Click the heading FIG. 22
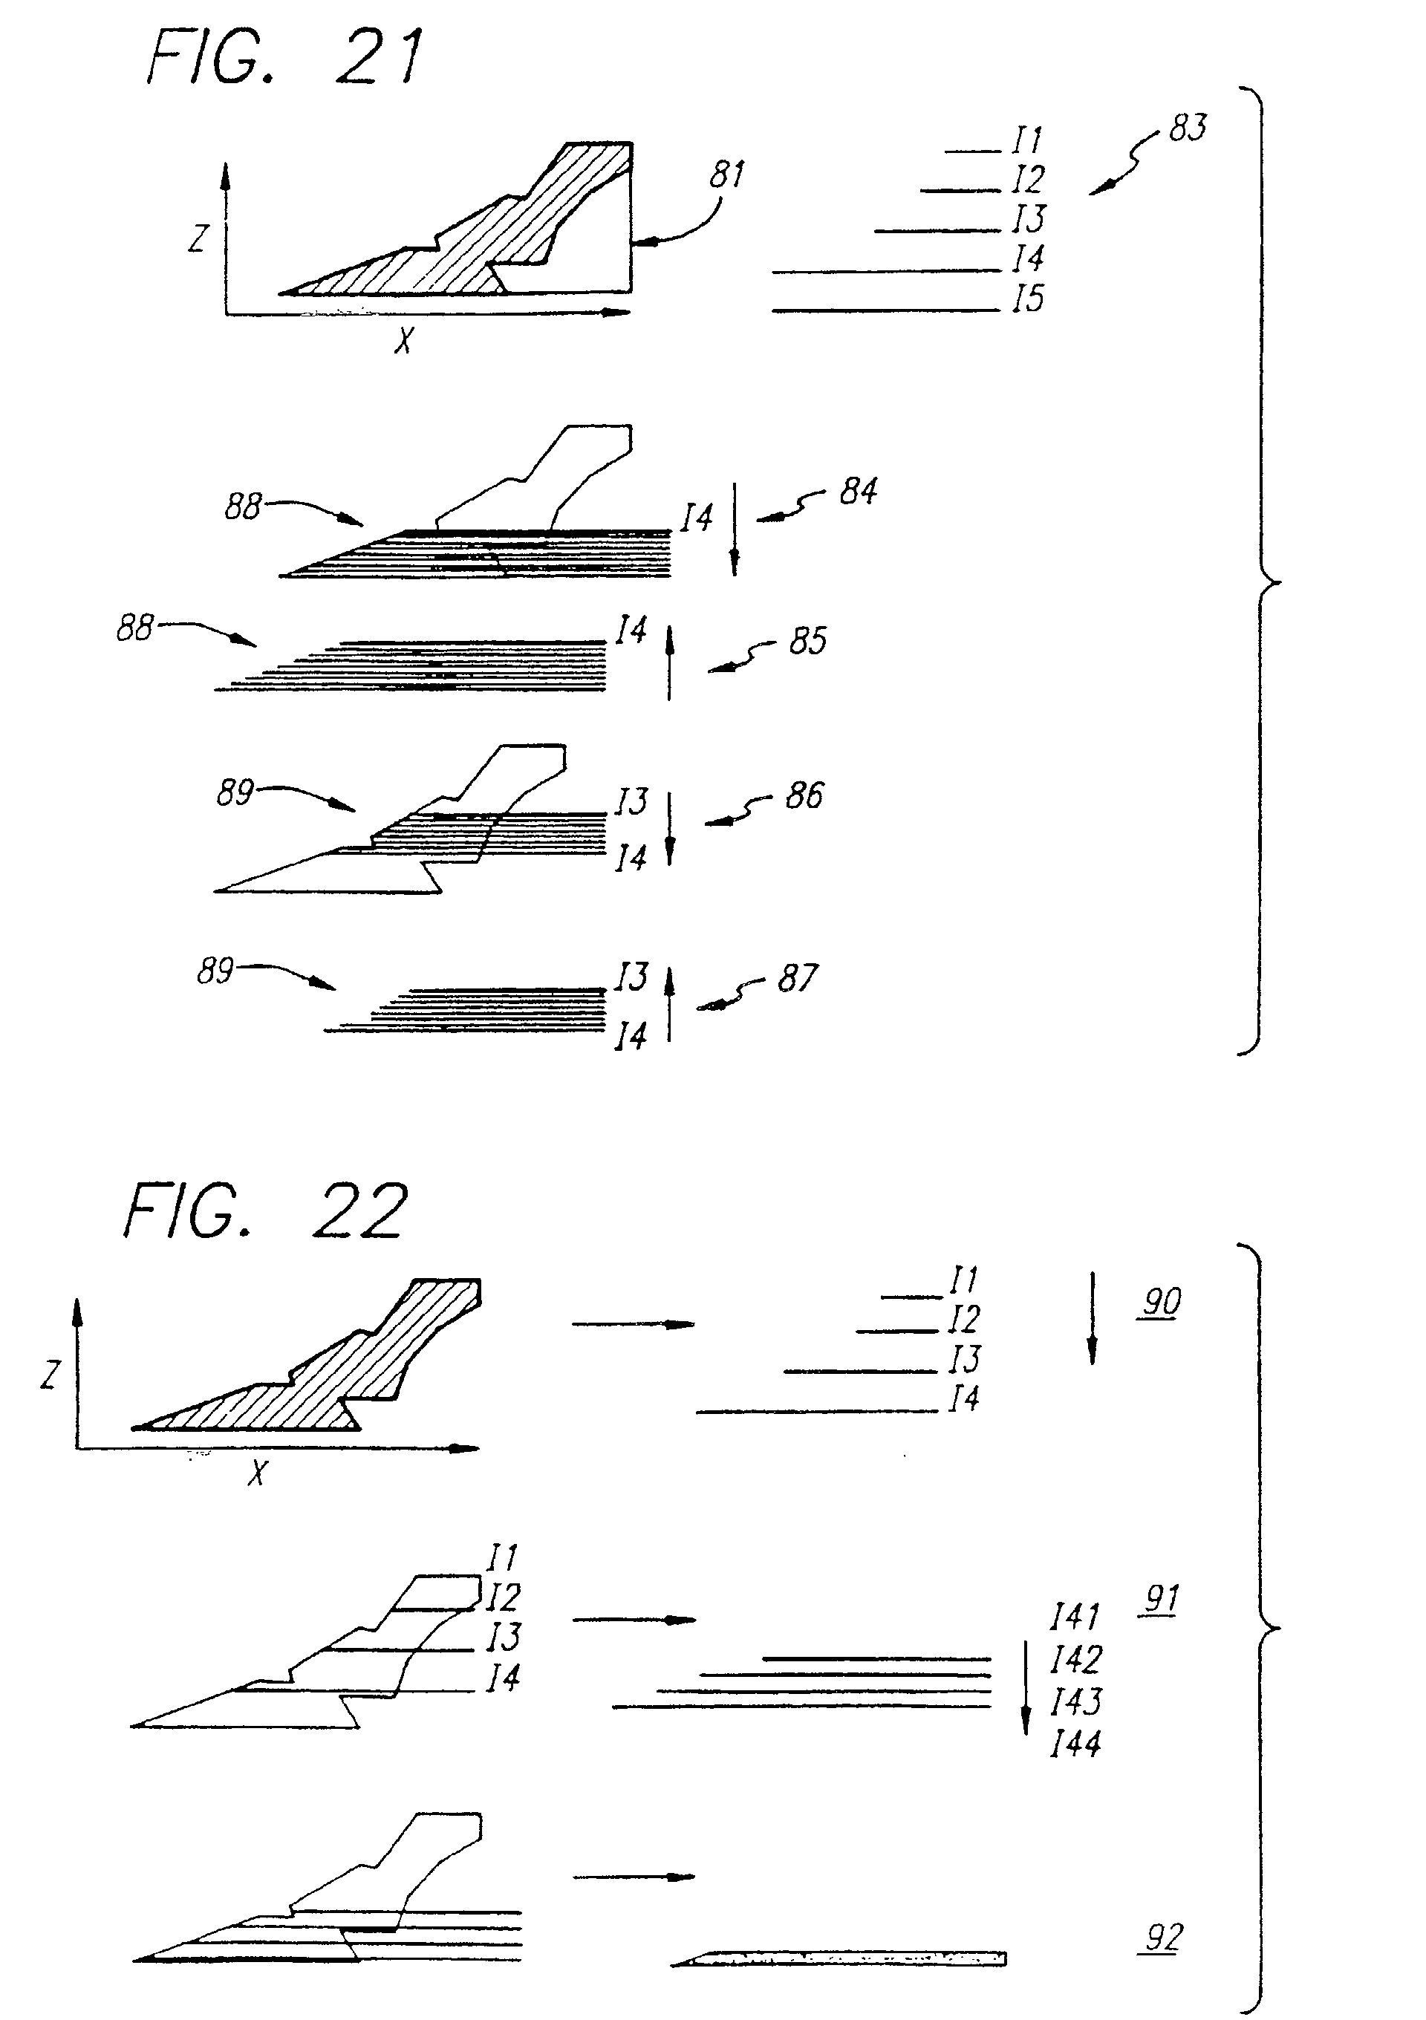[266, 1211]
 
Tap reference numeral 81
[726, 175]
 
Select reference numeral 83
[1188, 128]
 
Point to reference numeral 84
[858, 491]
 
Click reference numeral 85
[807, 642]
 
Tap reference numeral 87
[797, 978]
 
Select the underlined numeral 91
[1161, 1599]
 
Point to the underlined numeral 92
[1162, 1938]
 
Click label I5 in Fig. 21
[1027, 299]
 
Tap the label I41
[1075, 1617]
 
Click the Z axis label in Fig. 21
[199, 238]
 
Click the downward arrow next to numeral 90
[1092, 1317]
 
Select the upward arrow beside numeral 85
[668, 662]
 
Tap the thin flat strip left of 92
[840, 1958]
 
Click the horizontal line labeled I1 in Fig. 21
[973, 152]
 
